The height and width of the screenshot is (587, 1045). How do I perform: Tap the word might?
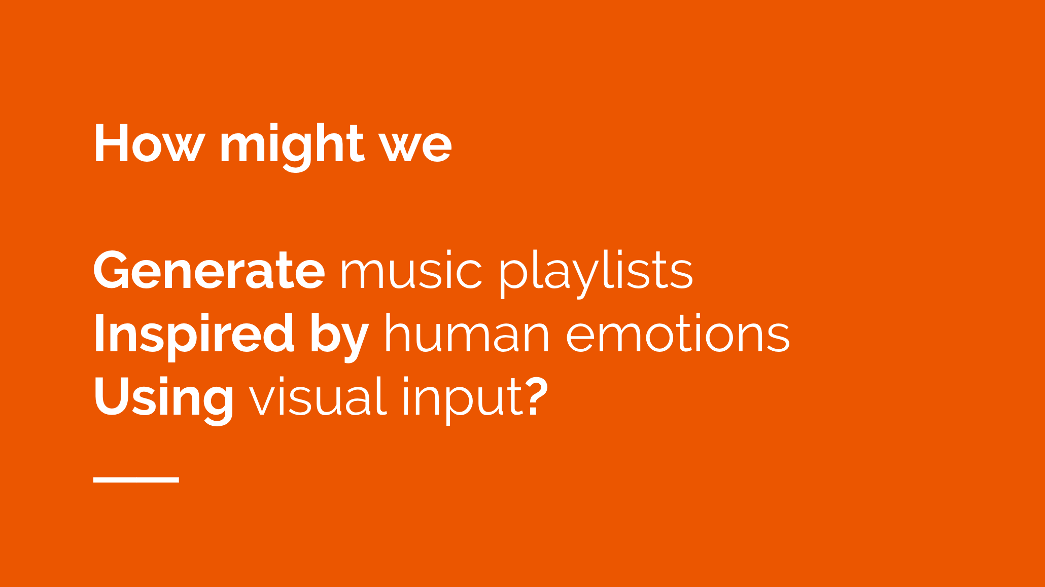[292, 146]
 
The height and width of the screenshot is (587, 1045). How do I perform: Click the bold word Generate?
[209, 270]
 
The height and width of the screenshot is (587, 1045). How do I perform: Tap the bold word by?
[339, 336]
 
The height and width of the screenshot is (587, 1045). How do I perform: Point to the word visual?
[318, 396]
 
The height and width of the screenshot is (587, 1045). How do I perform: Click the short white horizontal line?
[136, 480]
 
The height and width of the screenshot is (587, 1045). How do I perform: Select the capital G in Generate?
[113, 270]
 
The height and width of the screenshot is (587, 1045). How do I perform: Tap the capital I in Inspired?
[99, 333]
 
